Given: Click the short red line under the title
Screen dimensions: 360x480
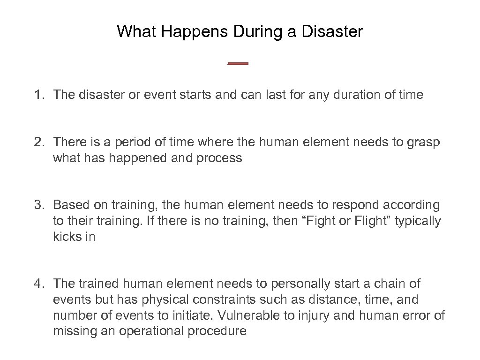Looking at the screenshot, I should click(238, 64).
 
